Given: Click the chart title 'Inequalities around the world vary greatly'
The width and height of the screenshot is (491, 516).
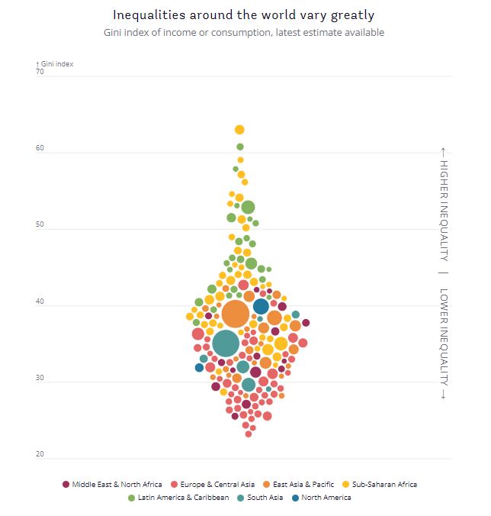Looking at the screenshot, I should point(244,15).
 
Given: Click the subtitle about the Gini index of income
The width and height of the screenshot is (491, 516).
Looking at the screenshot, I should point(244,33).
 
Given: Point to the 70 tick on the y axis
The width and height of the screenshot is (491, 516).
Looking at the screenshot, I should point(40,73).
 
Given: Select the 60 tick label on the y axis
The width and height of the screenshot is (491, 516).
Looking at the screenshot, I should point(40,149).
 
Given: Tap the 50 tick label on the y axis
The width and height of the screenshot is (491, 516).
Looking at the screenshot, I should point(40,226).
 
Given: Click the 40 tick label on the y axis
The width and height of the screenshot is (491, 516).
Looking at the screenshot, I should point(40,302).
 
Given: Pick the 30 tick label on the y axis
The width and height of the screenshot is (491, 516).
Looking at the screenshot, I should point(40,379).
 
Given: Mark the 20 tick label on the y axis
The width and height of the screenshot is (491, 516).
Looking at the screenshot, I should point(40,455).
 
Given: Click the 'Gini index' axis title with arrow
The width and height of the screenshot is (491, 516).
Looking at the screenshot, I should point(55,64).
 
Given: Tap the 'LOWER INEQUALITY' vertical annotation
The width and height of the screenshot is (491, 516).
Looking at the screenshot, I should point(444,343).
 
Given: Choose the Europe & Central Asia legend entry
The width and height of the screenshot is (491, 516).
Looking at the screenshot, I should point(212,485).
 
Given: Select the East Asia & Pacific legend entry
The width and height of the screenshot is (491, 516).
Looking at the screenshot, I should point(301,485).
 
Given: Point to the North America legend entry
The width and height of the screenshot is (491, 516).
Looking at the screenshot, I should point(322,498).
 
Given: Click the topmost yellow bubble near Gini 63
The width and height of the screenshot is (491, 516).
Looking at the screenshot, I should point(239,130).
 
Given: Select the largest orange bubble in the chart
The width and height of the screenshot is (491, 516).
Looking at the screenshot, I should point(236,314).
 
